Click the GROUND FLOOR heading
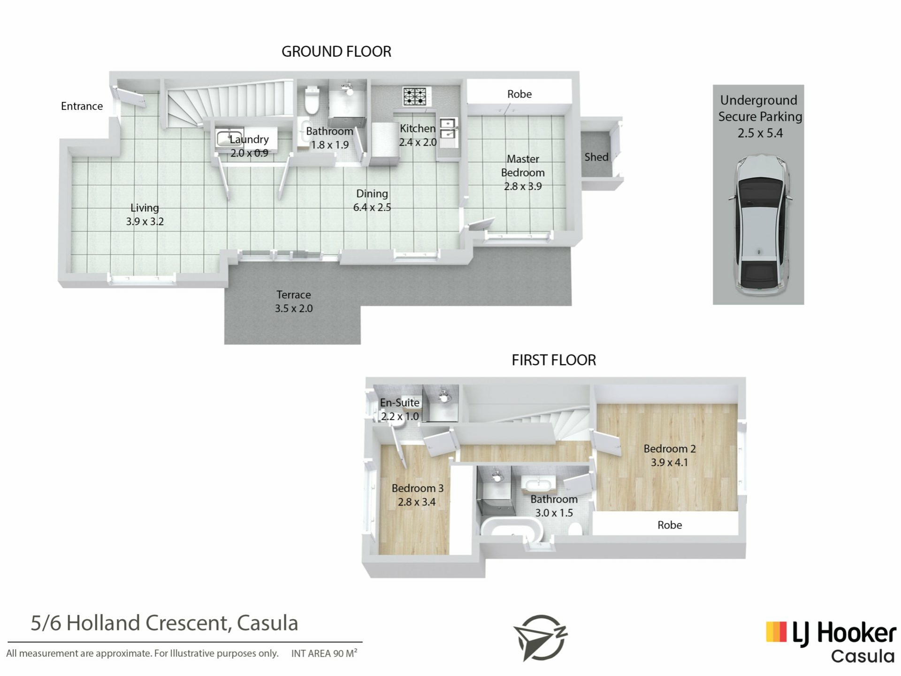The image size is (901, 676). (336, 52)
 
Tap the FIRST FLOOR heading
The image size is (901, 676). (554, 360)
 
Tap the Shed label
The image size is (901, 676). (596, 157)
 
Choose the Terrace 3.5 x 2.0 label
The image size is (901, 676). (294, 301)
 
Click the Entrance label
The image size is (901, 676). (82, 106)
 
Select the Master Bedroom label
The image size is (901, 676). (523, 166)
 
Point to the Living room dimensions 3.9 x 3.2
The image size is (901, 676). (145, 222)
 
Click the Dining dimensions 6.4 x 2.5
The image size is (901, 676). (372, 207)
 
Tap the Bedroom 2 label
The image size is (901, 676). (670, 449)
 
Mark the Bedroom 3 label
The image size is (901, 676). (417, 488)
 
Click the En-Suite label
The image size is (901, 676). (400, 403)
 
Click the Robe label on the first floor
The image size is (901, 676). (670, 525)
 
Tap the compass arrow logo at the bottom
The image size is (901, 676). (541, 638)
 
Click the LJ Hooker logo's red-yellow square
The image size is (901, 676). (776, 632)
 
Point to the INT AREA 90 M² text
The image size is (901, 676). (324, 653)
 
